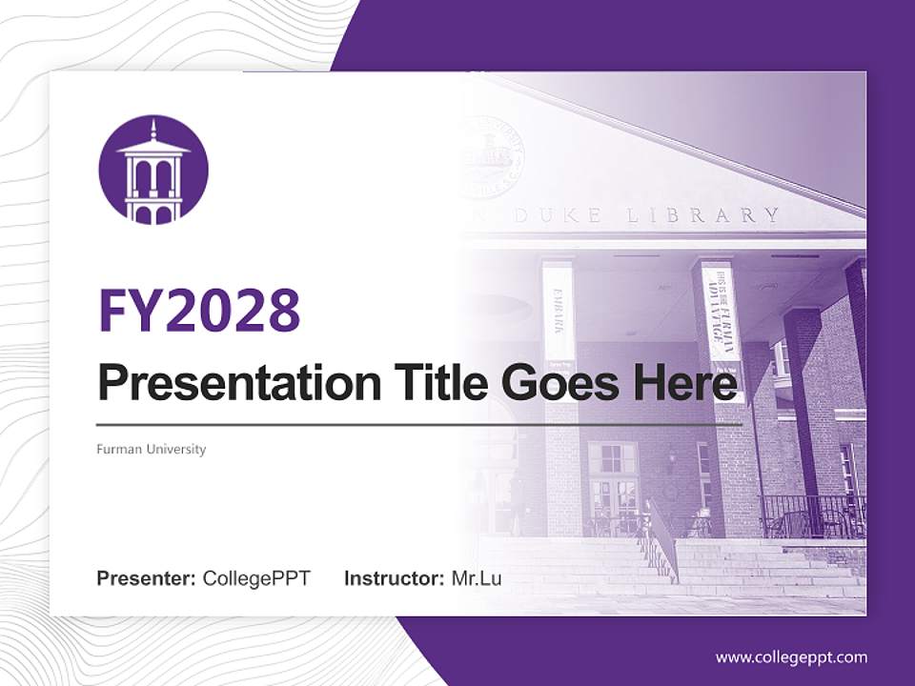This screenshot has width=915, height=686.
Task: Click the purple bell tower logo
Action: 153,171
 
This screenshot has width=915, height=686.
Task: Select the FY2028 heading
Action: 199,311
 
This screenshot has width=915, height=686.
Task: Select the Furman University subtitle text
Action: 151,449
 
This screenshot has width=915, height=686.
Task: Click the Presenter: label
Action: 147,578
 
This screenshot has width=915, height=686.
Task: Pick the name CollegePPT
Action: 256,578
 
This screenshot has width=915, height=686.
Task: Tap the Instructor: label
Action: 394,578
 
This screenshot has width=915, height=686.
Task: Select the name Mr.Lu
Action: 477,578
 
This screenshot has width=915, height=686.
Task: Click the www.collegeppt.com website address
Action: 791,656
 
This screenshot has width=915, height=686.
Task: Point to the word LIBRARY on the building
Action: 703,215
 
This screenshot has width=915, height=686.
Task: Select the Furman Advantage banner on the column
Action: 721,311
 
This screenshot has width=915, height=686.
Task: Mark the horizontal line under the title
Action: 419,424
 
